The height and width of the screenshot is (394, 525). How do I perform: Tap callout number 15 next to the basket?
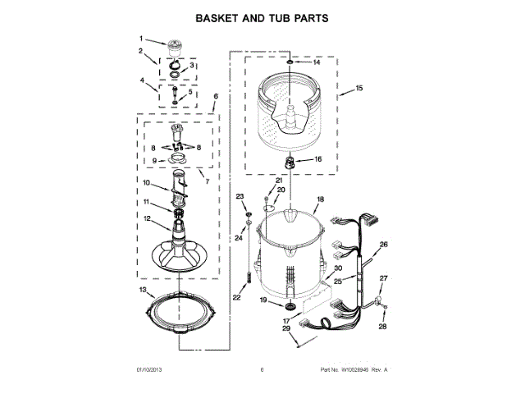[358, 89]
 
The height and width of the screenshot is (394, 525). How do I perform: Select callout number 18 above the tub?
[320, 199]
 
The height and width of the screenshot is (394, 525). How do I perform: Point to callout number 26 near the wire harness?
[382, 245]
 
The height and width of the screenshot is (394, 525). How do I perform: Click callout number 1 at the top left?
[141, 39]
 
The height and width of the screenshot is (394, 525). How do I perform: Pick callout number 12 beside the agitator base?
[147, 218]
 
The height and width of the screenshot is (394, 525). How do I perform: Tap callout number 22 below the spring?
[237, 298]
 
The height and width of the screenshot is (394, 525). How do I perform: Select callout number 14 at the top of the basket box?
[317, 62]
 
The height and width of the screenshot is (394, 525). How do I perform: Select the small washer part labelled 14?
[290, 62]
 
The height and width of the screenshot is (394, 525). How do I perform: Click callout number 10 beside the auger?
[147, 182]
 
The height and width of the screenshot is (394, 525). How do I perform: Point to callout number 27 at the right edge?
[382, 279]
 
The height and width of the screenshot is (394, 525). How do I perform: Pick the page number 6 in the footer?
[262, 370]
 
